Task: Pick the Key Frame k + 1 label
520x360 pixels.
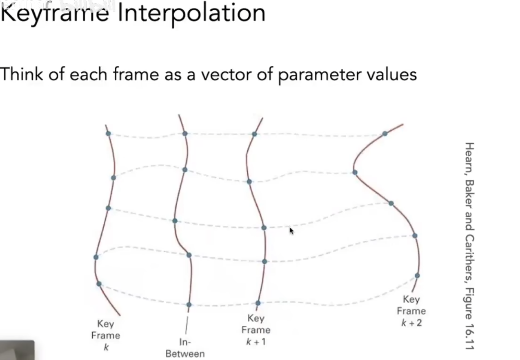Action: [x=256, y=330]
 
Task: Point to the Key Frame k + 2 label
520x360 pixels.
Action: [x=411, y=311]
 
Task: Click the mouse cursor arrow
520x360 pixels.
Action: [x=291, y=231]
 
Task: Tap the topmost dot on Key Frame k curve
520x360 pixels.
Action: [x=108, y=133]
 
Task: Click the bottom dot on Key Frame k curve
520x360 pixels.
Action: [x=99, y=284]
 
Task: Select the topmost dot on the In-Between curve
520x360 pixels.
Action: [x=185, y=133]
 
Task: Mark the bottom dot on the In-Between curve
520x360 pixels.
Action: [x=189, y=304]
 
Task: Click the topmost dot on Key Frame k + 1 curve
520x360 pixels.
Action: [x=254, y=134]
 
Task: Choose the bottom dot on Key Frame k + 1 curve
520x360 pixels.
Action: [x=258, y=303]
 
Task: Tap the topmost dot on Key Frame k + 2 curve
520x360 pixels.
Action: [x=384, y=133]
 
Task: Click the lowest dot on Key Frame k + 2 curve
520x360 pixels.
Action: [x=417, y=276]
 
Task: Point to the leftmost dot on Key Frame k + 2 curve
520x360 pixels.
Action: [x=355, y=172]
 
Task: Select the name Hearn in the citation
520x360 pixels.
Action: [x=469, y=157]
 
